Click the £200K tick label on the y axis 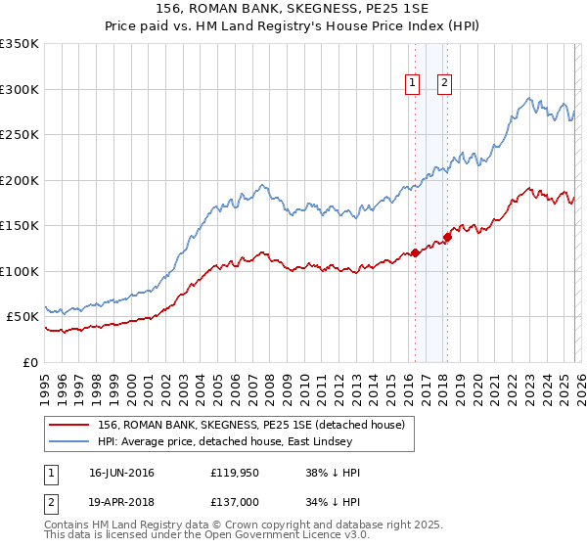(20, 180)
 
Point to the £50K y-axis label (23, 317)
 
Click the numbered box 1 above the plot (412, 84)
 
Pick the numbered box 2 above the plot (444, 84)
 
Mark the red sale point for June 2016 (415, 253)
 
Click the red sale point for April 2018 (447, 237)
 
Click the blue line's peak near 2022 (528, 98)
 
